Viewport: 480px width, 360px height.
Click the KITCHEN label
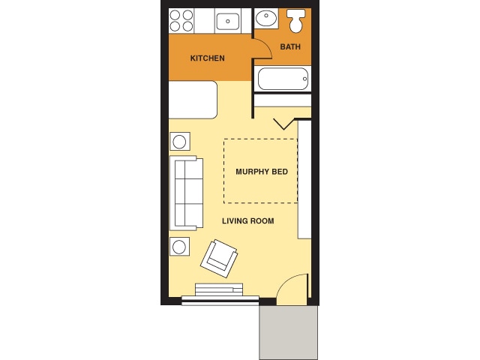click(x=207, y=58)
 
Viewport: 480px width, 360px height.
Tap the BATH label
click(x=290, y=47)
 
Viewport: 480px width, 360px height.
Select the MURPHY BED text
click(x=262, y=172)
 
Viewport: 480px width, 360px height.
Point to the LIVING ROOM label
click(x=247, y=221)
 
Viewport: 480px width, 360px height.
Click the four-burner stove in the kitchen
click(x=181, y=20)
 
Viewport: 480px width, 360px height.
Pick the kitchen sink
click(x=227, y=21)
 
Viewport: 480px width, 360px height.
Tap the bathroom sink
click(x=265, y=18)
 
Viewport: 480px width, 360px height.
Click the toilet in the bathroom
click(x=296, y=21)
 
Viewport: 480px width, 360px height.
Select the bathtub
click(x=283, y=78)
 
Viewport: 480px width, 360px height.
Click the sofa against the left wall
click(x=187, y=193)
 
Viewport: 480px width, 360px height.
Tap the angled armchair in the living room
click(x=219, y=257)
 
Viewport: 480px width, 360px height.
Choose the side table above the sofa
click(x=180, y=141)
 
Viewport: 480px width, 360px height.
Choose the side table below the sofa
click(x=180, y=246)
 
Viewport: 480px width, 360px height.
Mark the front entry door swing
click(x=293, y=289)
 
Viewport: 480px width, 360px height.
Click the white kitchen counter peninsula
click(x=193, y=100)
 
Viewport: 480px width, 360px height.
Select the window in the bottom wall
click(x=220, y=301)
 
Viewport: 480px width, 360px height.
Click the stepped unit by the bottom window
click(x=219, y=289)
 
